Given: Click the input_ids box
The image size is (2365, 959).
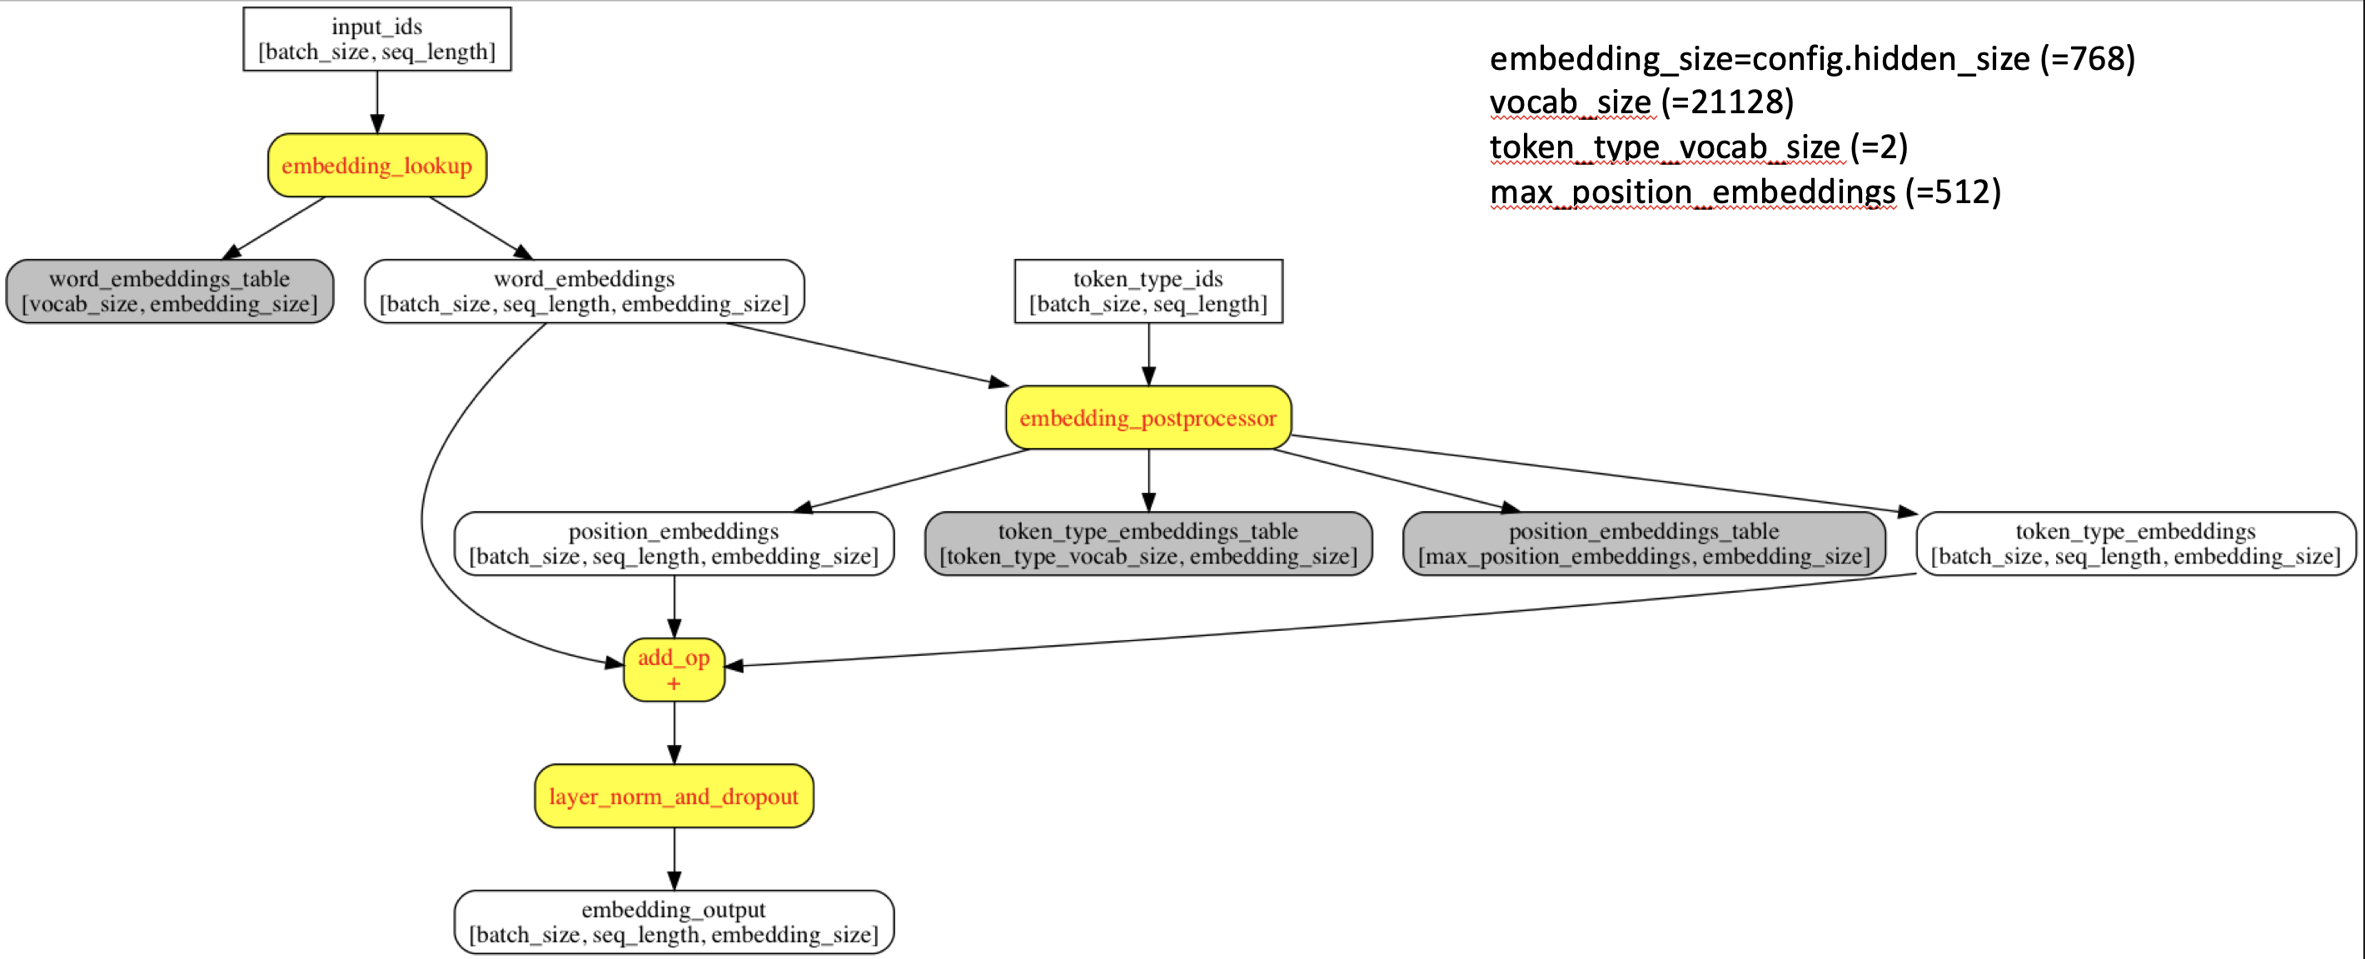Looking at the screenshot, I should [x=376, y=38].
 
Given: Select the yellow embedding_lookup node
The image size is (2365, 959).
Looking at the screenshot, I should [x=376, y=165].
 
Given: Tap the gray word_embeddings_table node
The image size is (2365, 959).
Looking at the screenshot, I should [x=169, y=291].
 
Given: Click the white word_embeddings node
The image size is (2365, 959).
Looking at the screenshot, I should [x=584, y=291].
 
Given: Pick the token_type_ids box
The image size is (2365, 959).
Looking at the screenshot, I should [x=1148, y=291].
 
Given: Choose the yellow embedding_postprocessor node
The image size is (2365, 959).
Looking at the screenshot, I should [x=1148, y=418].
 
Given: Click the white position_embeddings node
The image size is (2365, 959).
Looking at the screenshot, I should [x=673, y=544].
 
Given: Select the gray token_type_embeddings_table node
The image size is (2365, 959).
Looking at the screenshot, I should [x=1148, y=544].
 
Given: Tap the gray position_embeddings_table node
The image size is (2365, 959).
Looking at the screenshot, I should [x=1643, y=544].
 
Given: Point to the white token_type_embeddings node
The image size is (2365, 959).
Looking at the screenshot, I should [x=2135, y=544].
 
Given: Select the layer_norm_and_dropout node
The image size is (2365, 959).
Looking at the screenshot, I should [x=673, y=796].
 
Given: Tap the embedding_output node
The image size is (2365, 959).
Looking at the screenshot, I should [x=673, y=922].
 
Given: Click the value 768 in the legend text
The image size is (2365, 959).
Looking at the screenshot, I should [x=2097, y=59].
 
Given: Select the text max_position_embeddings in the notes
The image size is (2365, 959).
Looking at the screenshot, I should [x=1692, y=191].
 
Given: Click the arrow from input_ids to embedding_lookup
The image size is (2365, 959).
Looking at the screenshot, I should [x=376, y=101].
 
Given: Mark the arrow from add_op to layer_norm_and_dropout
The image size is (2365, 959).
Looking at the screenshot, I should [x=674, y=733].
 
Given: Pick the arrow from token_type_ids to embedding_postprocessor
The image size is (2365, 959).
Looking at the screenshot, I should [x=1148, y=353].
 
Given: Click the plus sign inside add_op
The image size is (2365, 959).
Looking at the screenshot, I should [x=673, y=683].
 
